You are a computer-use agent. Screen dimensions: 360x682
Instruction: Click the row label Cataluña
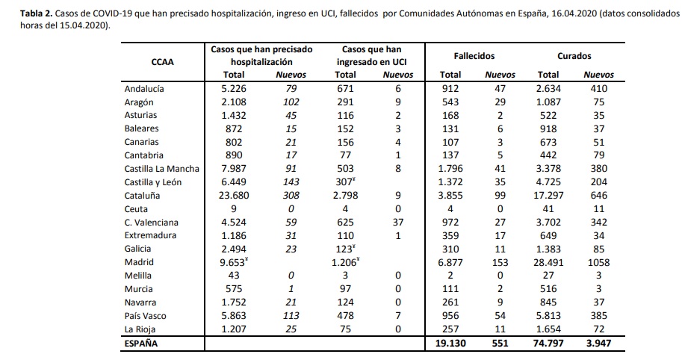point(142,196)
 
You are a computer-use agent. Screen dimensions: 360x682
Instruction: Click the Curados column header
point(574,56)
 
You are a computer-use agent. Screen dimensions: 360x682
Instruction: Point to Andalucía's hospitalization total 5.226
point(235,89)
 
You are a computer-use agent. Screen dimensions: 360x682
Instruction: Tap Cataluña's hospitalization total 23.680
point(234,196)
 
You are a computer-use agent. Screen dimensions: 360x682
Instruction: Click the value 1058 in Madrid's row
point(598,262)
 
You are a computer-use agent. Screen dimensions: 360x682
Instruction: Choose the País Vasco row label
point(145,316)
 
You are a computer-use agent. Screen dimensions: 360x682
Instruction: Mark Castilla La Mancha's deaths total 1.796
point(450,169)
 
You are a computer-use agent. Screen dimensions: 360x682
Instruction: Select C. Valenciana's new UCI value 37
point(397,223)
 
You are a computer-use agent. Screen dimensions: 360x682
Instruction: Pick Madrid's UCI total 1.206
point(345,262)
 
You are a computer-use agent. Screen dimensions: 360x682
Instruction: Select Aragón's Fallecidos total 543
point(450,102)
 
